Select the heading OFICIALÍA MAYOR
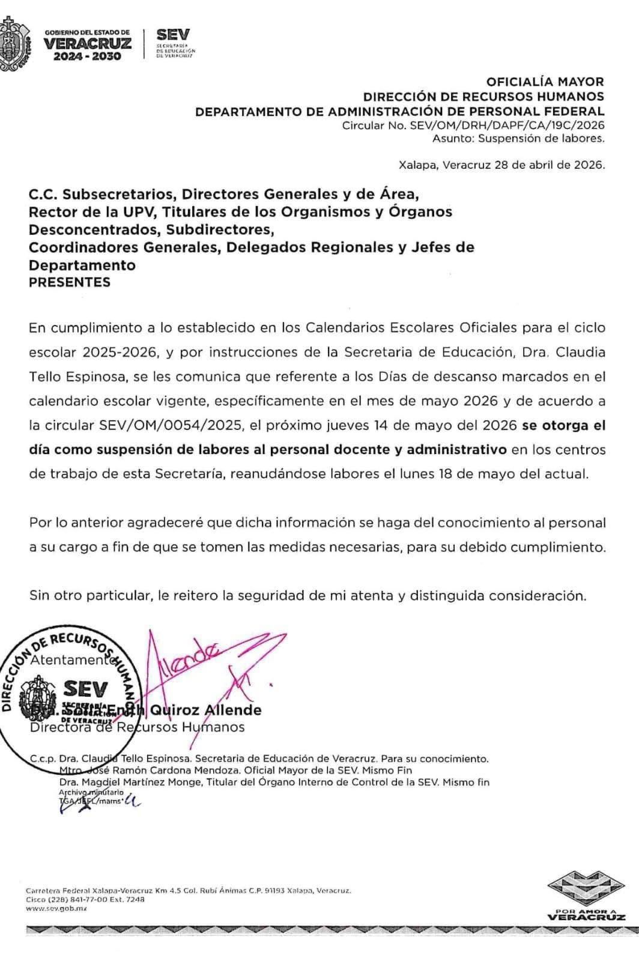(545, 82)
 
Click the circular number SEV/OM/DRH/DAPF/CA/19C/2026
(507, 126)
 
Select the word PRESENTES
(70, 282)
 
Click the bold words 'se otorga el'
(563, 426)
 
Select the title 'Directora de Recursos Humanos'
(137, 727)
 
